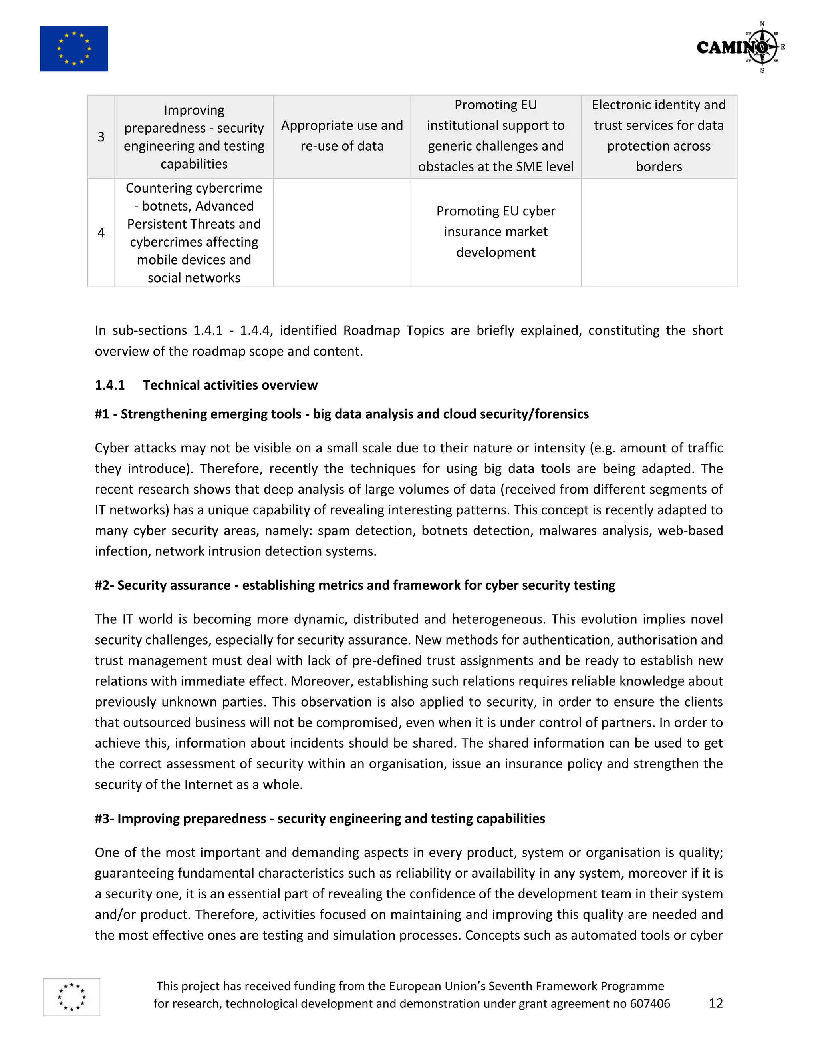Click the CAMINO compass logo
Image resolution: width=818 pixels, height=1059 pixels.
pos(741,47)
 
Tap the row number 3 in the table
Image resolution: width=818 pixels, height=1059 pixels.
pos(101,137)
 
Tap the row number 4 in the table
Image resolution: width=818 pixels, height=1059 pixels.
pos(101,233)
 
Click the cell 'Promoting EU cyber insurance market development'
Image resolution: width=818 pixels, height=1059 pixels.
pos(495,232)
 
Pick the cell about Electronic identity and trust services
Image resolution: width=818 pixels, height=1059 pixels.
pos(659,136)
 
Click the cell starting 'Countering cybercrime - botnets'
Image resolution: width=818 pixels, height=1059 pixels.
pos(194,233)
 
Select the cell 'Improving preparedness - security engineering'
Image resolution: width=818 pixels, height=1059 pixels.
pos(194,137)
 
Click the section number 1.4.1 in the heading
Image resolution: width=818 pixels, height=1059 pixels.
pos(109,385)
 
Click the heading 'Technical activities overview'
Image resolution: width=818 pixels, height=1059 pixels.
pos(230,385)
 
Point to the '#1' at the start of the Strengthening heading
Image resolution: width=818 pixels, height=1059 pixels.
pos(102,414)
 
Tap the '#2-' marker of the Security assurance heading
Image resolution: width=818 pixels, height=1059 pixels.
pos(104,585)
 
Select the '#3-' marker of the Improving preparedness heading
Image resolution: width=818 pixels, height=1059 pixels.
pos(104,818)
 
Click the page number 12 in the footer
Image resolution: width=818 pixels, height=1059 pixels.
pos(715,1003)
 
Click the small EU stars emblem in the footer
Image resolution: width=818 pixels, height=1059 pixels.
pos(72,997)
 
